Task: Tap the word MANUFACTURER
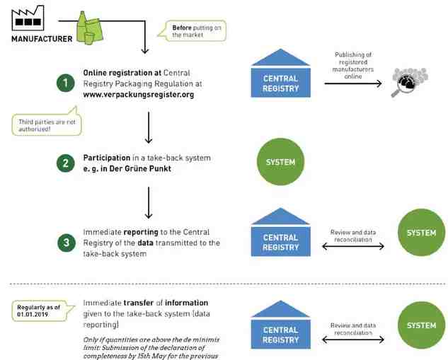[42, 39]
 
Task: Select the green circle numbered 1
[65, 83]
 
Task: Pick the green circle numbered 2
[65, 163]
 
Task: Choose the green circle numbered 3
[65, 243]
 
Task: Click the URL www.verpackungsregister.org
[139, 94]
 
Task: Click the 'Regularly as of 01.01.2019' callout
[42, 309]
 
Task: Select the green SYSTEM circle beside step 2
[280, 162]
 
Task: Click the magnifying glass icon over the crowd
[406, 83]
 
